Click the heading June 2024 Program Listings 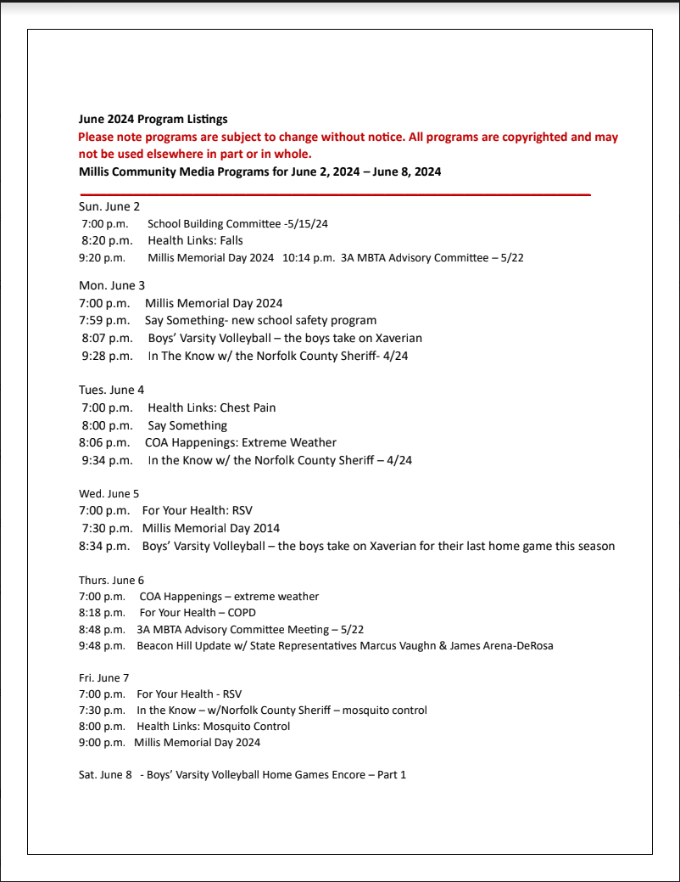(153, 120)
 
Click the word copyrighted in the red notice (535, 137)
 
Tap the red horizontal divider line (334, 195)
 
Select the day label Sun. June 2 (109, 206)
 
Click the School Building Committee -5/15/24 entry (237, 224)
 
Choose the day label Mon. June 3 (112, 285)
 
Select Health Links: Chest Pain (211, 407)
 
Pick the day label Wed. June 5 (109, 493)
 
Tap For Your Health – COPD (198, 612)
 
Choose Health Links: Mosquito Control (214, 727)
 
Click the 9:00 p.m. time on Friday (102, 743)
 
